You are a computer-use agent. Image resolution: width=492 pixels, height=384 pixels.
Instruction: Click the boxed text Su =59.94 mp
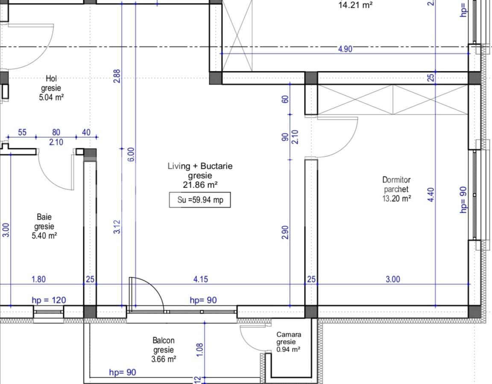(x=200, y=199)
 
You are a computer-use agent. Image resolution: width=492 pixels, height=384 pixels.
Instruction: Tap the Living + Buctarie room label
(x=200, y=166)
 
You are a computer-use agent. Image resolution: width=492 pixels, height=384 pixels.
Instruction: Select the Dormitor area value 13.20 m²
(x=396, y=198)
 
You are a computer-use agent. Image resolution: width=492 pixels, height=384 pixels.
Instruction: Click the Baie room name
(x=44, y=217)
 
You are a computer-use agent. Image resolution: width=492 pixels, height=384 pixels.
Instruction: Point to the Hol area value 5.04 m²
(x=51, y=97)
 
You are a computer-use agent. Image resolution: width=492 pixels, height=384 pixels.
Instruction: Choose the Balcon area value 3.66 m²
(x=164, y=359)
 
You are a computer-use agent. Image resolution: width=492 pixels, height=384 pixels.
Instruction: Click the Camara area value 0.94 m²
(x=288, y=349)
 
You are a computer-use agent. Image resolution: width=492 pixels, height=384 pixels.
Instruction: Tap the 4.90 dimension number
(x=345, y=49)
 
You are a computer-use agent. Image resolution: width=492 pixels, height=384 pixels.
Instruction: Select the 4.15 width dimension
(x=200, y=279)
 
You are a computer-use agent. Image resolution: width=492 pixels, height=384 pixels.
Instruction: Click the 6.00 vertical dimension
(x=131, y=154)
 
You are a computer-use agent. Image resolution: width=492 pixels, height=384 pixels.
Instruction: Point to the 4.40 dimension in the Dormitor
(x=430, y=195)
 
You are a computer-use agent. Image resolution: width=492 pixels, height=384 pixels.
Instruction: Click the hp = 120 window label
(x=49, y=300)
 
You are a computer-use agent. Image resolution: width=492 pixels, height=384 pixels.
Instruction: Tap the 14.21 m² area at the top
(x=355, y=6)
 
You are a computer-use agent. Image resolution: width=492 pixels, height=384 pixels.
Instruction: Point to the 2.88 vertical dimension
(x=117, y=76)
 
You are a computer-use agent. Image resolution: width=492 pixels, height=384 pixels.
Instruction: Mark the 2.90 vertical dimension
(x=285, y=233)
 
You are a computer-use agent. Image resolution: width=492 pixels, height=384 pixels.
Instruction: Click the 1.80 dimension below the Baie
(x=38, y=279)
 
